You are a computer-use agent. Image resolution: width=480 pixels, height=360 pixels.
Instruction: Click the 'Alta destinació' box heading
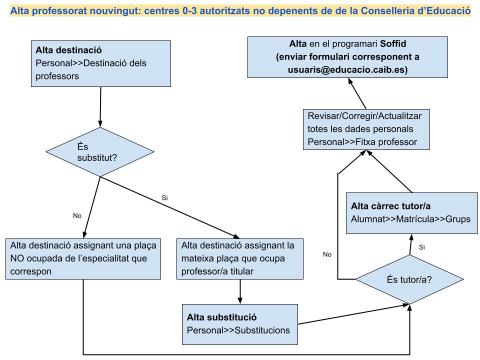tap(68, 50)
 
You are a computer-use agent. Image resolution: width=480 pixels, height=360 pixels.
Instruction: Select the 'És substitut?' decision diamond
tap(100, 152)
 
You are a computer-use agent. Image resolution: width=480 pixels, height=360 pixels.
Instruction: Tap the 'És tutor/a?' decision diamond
tap(409, 279)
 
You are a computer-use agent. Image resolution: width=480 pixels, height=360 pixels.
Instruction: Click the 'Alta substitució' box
tap(239, 324)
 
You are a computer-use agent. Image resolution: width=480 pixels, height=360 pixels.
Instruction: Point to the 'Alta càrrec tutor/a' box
tap(411, 213)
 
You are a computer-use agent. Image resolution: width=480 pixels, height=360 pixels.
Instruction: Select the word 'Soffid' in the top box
tap(393, 44)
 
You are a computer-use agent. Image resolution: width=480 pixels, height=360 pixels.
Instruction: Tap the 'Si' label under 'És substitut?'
tap(164, 198)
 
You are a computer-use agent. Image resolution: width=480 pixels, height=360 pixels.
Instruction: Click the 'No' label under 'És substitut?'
tap(77, 216)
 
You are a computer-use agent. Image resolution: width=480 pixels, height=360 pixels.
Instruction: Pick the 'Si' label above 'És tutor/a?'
tap(422, 247)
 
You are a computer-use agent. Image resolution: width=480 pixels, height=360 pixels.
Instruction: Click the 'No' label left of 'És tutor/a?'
tap(327, 254)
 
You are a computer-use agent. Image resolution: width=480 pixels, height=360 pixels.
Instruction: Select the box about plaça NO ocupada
tap(83, 259)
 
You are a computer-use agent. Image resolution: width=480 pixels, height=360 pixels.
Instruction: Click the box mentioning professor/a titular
tap(240, 259)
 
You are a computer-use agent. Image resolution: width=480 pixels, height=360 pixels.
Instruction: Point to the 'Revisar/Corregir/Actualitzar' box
tap(366, 129)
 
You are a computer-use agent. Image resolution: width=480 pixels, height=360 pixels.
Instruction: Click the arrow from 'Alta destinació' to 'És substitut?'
tap(100, 107)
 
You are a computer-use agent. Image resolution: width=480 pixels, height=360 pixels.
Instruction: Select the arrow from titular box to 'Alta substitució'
tap(240, 291)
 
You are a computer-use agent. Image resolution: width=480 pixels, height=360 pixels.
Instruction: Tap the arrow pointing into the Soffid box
tap(357, 93)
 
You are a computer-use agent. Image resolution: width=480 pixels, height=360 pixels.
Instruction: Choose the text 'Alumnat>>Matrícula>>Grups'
tap(410, 219)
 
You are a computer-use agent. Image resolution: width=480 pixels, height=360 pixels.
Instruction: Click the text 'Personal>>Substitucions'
tap(238, 330)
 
